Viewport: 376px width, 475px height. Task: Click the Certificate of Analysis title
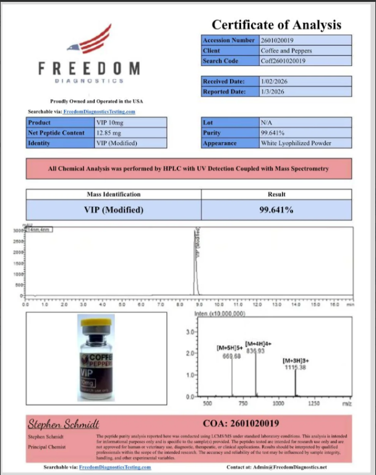tap(276, 25)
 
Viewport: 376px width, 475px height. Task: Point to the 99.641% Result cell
tap(276, 209)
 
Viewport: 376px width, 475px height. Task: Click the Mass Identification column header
tap(113, 194)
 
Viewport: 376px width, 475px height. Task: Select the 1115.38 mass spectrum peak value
tap(294, 367)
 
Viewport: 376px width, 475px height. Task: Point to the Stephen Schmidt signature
tap(63, 424)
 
